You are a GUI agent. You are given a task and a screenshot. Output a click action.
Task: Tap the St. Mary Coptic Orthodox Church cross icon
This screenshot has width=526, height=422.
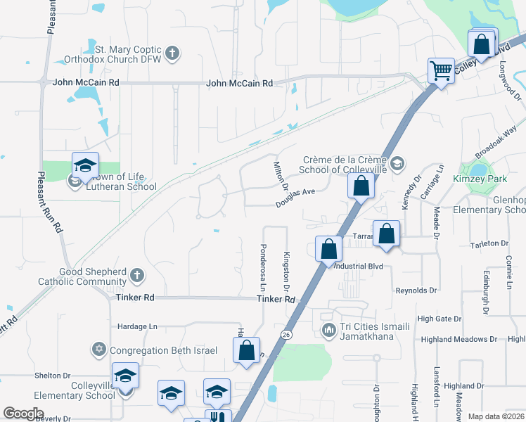pos(173,53)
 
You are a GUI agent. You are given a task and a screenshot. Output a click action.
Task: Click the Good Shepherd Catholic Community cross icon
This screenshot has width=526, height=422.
pos(137,275)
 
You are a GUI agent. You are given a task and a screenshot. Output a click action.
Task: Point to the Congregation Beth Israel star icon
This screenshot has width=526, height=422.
pos(99,350)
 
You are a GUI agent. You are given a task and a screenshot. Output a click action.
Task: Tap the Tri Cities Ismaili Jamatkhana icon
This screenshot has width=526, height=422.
pos(327,330)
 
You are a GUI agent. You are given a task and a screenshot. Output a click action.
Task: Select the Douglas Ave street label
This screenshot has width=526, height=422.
pos(295,195)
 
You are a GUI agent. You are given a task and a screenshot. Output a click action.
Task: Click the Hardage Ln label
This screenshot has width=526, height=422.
pos(138,326)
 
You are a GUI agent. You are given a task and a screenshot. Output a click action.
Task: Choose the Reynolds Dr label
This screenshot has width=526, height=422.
pos(416,290)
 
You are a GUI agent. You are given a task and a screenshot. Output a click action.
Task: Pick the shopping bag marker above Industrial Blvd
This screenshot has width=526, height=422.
pos(328,248)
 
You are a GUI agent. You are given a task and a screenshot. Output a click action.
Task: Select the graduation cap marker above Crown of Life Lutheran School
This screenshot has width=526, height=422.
pos(85,165)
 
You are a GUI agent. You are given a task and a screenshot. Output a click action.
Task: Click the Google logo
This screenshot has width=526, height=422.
pos(24,414)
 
